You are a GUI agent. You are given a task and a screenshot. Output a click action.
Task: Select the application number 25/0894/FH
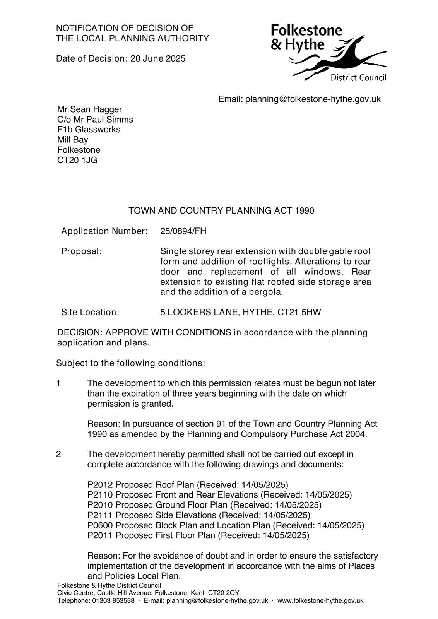pos(183,231)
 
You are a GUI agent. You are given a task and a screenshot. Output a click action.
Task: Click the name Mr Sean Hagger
pos(89,109)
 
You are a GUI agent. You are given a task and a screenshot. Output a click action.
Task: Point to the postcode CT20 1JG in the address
pos(77,160)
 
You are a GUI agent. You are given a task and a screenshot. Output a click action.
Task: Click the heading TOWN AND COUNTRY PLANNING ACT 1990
pos(221,211)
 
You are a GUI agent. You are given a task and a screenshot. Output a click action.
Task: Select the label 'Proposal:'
pos(81,251)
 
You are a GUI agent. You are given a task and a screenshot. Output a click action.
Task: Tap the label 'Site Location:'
pos(90,312)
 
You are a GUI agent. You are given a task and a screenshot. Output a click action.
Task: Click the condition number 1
pos(58,383)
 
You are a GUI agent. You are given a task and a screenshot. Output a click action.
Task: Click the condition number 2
pos(58,454)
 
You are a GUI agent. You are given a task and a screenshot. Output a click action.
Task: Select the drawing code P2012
pos(100,485)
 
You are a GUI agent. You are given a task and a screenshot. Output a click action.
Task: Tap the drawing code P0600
pos(100,525)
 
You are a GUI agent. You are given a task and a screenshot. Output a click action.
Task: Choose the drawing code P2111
pos(100,515)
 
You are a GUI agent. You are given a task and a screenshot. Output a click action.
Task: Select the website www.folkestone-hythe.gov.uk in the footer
pos(320,601)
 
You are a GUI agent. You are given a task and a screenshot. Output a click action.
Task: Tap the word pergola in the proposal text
pos(267,292)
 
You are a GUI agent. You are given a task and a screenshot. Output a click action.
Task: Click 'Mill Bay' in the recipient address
pos(73,140)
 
